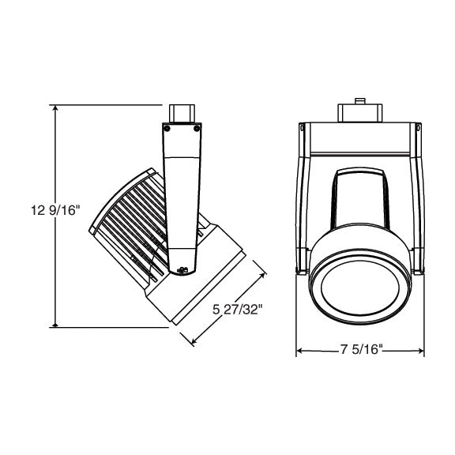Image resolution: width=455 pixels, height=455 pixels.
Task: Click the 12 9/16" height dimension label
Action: click(55, 210)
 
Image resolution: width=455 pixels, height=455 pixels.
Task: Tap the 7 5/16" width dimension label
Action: click(360, 349)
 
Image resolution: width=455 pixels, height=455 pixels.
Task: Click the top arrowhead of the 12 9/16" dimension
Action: click(55, 108)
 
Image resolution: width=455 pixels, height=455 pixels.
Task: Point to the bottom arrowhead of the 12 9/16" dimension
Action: click(55, 324)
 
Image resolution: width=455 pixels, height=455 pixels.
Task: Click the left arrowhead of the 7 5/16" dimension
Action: click(299, 351)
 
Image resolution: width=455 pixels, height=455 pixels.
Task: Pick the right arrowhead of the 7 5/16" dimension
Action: click(420, 351)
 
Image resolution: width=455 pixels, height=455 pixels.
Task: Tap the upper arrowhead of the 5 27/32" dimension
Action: click(262, 276)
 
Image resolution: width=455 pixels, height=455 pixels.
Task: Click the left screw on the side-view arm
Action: click(167, 129)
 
